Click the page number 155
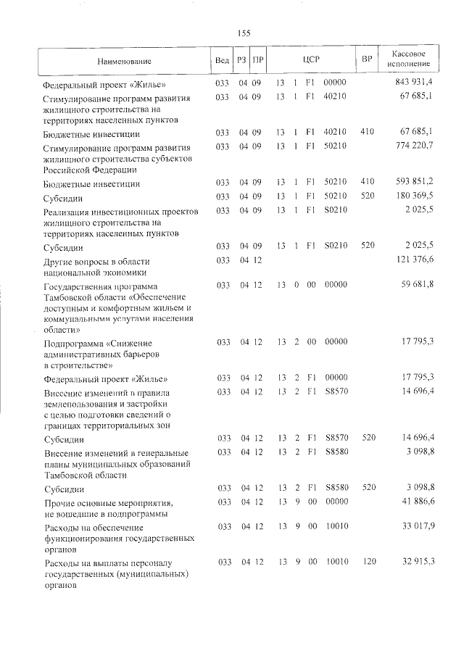click(244, 32)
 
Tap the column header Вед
click(223, 60)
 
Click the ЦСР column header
click(311, 60)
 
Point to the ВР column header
click(367, 60)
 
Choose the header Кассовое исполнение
click(407, 60)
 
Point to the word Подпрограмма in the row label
click(70, 341)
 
